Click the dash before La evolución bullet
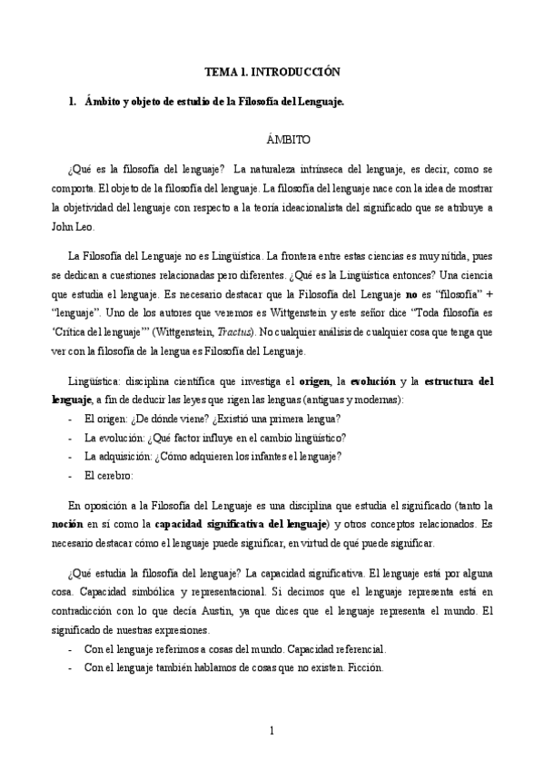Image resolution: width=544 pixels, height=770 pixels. point(70,437)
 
